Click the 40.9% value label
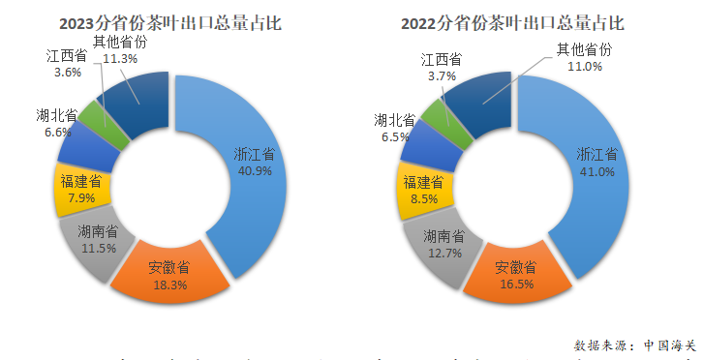coord(255,170)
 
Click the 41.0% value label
coord(596,171)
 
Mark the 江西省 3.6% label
coord(66,63)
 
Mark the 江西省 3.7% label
coord(441,68)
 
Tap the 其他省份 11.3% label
coord(121,50)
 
